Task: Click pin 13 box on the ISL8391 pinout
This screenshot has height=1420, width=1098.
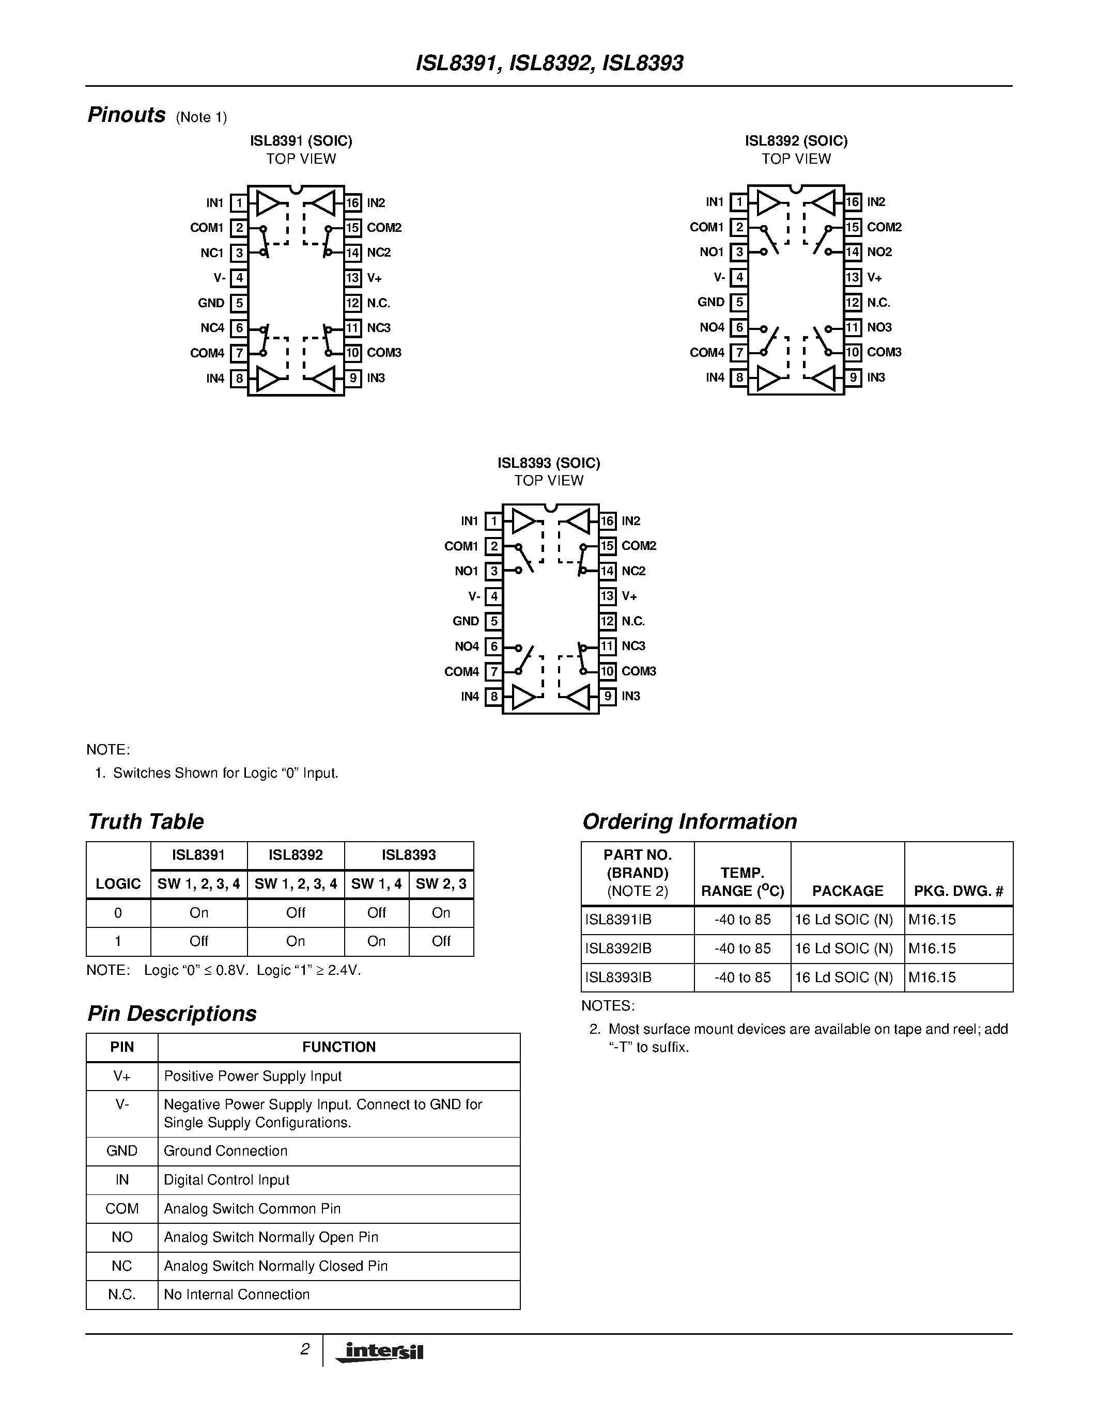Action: [352, 278]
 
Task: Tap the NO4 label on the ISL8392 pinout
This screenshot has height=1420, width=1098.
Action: [712, 327]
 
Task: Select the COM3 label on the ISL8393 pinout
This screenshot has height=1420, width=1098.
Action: [638, 671]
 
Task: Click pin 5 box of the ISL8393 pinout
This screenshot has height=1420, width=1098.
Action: [493, 621]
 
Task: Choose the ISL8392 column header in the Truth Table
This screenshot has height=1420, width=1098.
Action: [296, 855]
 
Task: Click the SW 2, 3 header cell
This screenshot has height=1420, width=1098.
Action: [441, 883]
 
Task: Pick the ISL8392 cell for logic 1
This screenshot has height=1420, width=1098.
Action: [296, 941]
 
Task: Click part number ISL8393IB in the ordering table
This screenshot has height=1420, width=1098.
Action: [618, 977]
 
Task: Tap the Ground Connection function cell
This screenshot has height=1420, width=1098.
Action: [226, 1151]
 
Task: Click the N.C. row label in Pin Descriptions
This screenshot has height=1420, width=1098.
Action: [121, 1295]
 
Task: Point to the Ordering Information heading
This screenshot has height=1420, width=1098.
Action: [689, 821]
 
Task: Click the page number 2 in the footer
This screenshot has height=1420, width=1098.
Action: [304, 1349]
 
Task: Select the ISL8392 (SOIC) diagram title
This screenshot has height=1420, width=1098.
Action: [796, 141]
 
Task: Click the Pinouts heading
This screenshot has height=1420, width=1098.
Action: [126, 115]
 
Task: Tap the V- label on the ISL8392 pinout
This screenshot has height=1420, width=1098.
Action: [719, 277]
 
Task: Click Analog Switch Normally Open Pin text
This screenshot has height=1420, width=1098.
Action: [271, 1237]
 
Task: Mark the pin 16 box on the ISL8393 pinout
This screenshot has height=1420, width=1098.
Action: [607, 521]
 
